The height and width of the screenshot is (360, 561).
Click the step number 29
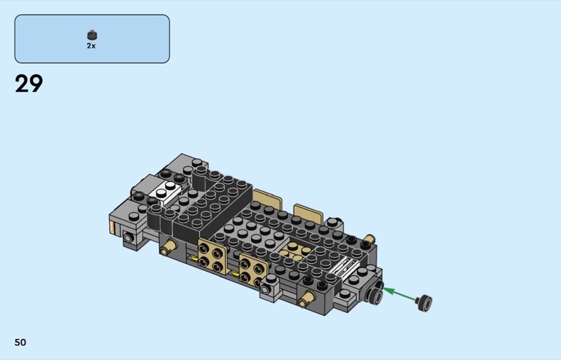coord(29,84)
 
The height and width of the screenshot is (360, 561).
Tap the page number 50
coord(20,342)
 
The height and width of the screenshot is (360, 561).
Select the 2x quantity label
coord(91,46)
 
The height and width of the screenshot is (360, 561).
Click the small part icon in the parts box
coord(93,35)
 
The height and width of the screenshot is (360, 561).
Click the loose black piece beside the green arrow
coord(424,302)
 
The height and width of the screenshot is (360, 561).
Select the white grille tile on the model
coord(344,267)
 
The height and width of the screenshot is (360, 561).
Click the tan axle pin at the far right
coord(369,239)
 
